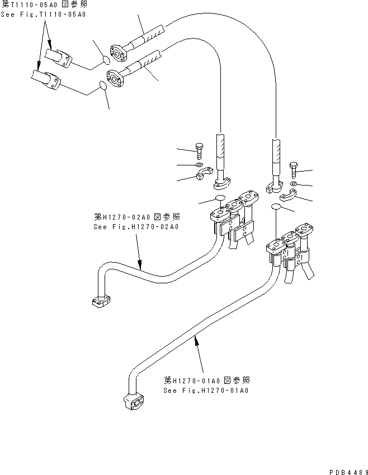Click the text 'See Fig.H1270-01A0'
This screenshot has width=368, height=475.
(x=206, y=390)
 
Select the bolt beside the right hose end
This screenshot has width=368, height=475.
(x=294, y=167)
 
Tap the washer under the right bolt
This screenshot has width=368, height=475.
(x=294, y=183)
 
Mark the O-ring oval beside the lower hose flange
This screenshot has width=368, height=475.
(x=103, y=85)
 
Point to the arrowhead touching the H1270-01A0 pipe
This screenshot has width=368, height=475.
(x=196, y=340)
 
